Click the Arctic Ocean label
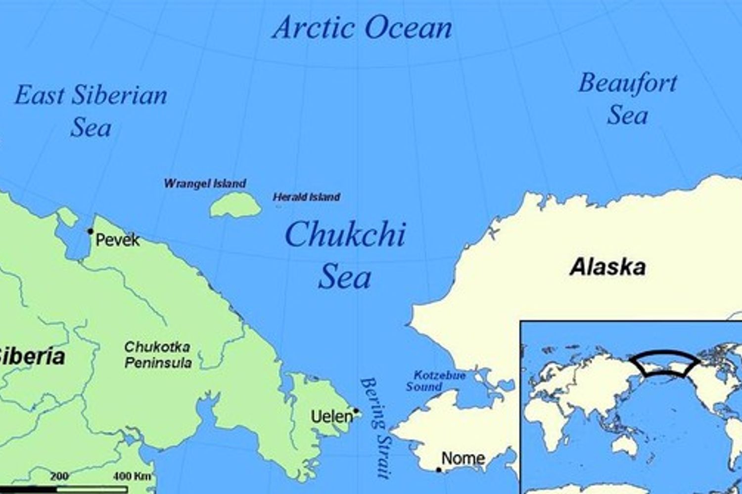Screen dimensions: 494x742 (x=362, y=28)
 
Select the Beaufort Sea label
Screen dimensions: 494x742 (x=628, y=99)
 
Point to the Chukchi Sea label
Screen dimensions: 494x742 (x=345, y=255)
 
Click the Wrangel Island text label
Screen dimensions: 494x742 (x=205, y=184)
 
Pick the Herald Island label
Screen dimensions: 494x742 (x=306, y=197)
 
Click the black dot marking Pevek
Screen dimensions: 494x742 (x=91, y=231)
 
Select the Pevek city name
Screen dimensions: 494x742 (x=118, y=241)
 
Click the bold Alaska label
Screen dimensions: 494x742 (x=607, y=267)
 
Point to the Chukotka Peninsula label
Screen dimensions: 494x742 (x=158, y=355)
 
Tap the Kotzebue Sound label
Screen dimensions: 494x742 (x=436, y=381)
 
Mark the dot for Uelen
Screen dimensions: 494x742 (x=356, y=411)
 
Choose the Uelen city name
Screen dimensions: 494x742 (x=331, y=417)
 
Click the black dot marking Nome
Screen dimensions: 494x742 (x=438, y=470)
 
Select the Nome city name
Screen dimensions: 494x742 (x=463, y=458)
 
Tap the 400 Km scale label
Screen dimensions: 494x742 (x=132, y=476)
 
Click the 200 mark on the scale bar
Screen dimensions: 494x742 (x=59, y=476)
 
